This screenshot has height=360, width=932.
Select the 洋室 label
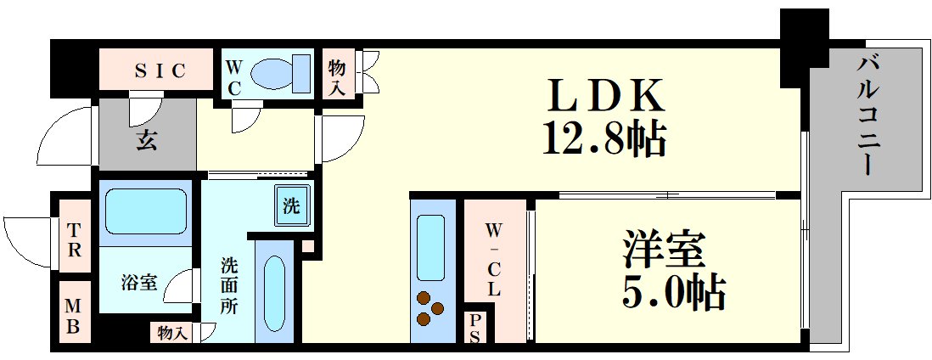point(663,253)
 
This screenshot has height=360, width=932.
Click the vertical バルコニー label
point(867,114)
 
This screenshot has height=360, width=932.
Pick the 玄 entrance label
point(146,141)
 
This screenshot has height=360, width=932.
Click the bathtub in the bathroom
point(146,211)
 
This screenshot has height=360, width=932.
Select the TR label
point(75,239)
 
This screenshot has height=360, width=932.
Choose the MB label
point(74,314)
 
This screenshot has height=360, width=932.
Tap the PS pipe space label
point(474,328)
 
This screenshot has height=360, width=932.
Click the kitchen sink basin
point(431,245)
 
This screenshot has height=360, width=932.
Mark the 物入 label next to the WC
point(337,75)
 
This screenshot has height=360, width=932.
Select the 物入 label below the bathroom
point(172,333)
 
